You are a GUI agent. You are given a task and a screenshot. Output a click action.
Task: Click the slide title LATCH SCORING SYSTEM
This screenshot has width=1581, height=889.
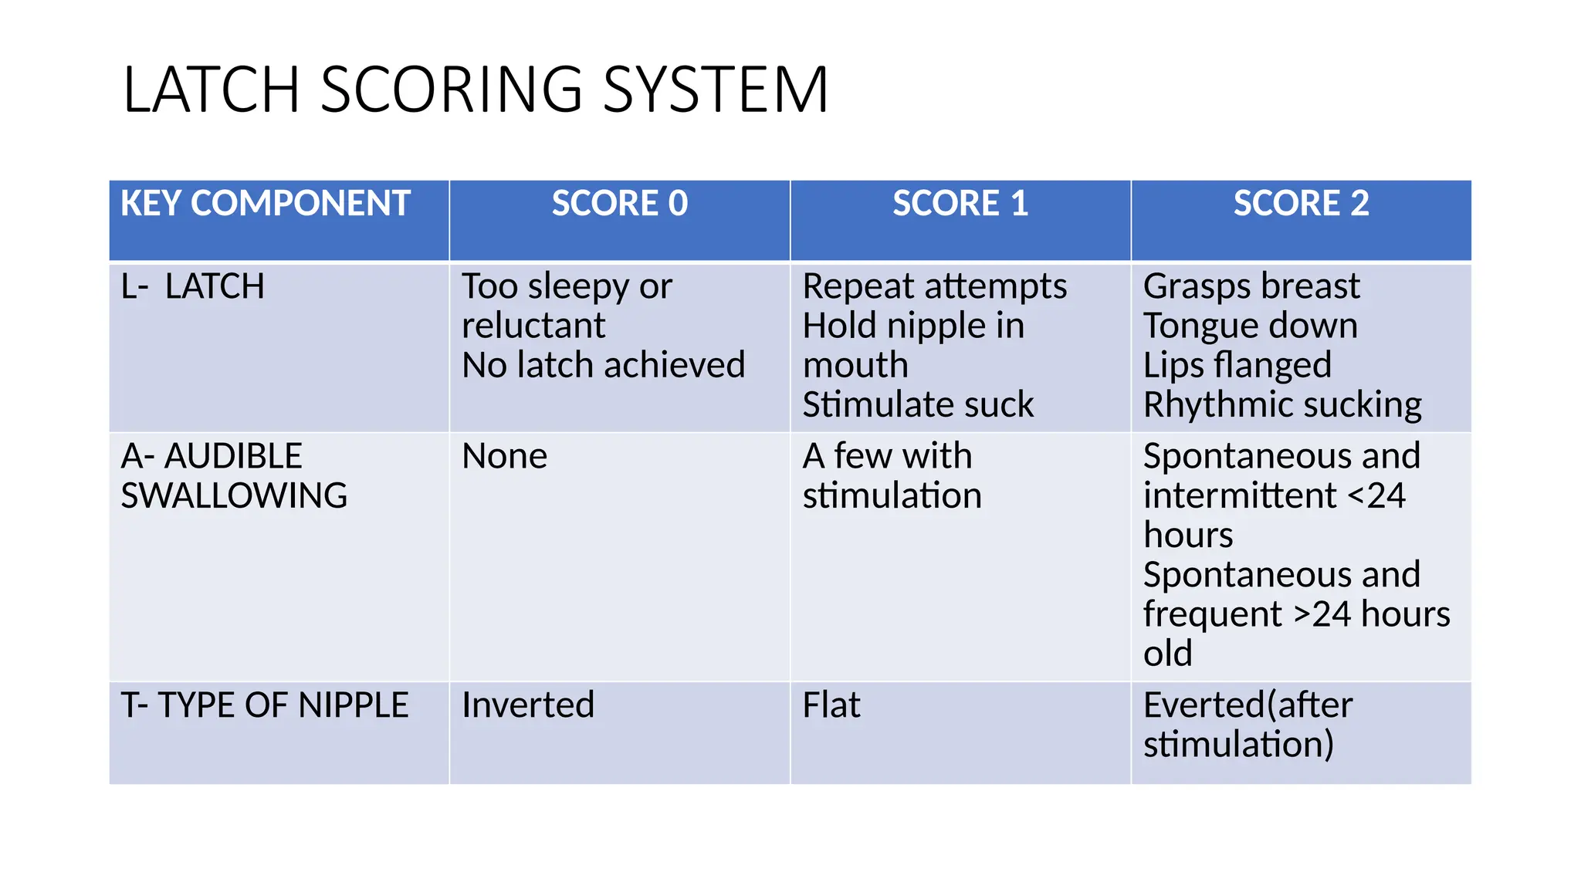pyautogui.click(x=475, y=90)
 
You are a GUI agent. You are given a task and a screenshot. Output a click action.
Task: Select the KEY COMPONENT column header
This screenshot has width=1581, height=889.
pyautogui.click(x=265, y=204)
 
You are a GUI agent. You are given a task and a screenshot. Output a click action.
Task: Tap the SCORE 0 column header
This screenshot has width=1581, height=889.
pyautogui.click(x=619, y=204)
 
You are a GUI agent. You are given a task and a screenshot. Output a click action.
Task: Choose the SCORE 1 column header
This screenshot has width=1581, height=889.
pyautogui.click(x=960, y=204)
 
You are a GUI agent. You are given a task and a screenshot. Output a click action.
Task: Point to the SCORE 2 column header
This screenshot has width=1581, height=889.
pyautogui.click(x=1301, y=204)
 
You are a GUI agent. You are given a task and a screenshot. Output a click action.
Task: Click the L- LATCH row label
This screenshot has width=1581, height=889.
pyautogui.click(x=193, y=287)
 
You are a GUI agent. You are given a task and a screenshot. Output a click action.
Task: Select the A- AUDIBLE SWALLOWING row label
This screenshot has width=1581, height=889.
pyautogui.click(x=234, y=476)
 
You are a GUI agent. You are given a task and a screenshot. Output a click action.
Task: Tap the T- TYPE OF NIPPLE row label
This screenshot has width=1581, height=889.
pyautogui.click(x=265, y=705)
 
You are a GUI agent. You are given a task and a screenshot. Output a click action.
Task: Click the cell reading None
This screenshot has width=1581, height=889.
pyautogui.click(x=504, y=457)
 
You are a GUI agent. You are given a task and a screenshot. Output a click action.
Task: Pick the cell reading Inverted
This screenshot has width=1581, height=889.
pyautogui.click(x=528, y=705)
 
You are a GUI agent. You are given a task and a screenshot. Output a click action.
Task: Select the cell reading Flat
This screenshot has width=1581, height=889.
pyautogui.click(x=831, y=705)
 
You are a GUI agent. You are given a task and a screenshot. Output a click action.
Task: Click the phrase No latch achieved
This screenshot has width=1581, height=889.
pyautogui.click(x=603, y=366)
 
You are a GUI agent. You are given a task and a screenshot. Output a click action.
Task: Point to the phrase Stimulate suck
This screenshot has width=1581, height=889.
pyautogui.click(x=918, y=405)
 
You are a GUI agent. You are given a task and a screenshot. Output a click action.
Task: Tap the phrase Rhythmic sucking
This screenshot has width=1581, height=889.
pyautogui.click(x=1282, y=405)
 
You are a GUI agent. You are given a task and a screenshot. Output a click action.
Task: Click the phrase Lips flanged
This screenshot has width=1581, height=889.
pyautogui.click(x=1237, y=366)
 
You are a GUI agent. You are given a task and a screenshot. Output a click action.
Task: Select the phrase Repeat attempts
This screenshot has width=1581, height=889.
pyautogui.click(x=935, y=287)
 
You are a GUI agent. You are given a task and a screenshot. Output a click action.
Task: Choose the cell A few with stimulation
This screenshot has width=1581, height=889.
pyautogui.click(x=892, y=476)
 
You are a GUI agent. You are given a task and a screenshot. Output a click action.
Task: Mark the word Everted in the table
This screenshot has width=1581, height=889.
pyautogui.click(x=1204, y=705)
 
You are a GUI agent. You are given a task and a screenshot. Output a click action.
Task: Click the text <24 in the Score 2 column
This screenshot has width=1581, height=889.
pyautogui.click(x=1377, y=495)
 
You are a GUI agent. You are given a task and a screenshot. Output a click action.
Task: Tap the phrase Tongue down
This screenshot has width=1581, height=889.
pyautogui.click(x=1250, y=326)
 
